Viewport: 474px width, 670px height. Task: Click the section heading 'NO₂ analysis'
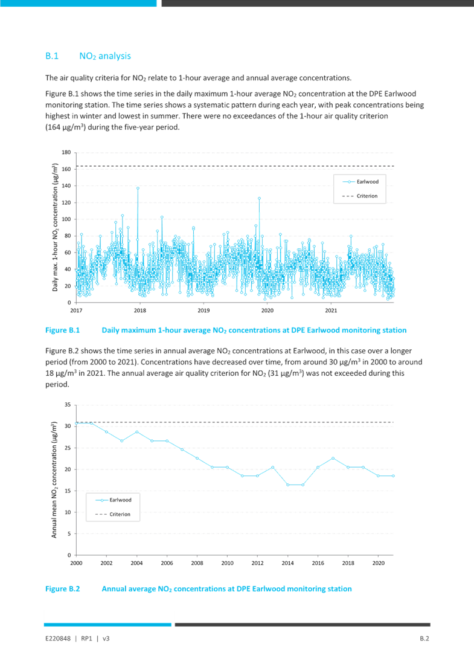[x=105, y=56]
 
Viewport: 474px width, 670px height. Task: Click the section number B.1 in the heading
[x=51, y=56]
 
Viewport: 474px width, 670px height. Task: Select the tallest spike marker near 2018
[x=138, y=188]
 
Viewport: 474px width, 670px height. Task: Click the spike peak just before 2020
[x=259, y=198]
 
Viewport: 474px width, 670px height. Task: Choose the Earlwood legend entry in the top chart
[x=359, y=181]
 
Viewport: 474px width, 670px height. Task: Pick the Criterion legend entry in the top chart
[x=359, y=196]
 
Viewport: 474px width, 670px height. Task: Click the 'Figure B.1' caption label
[x=63, y=330]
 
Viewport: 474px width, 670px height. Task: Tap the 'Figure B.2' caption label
[x=63, y=588]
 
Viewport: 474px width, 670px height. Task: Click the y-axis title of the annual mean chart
[x=54, y=480]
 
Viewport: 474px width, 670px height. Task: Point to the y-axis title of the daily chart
[x=55, y=227]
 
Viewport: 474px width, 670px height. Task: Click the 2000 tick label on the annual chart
[x=75, y=562]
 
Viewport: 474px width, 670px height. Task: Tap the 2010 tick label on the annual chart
[x=227, y=562]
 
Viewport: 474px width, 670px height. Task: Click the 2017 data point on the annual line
[x=333, y=458]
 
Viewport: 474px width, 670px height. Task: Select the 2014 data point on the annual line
[x=287, y=485]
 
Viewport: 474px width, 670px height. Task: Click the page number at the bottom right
[x=424, y=639]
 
